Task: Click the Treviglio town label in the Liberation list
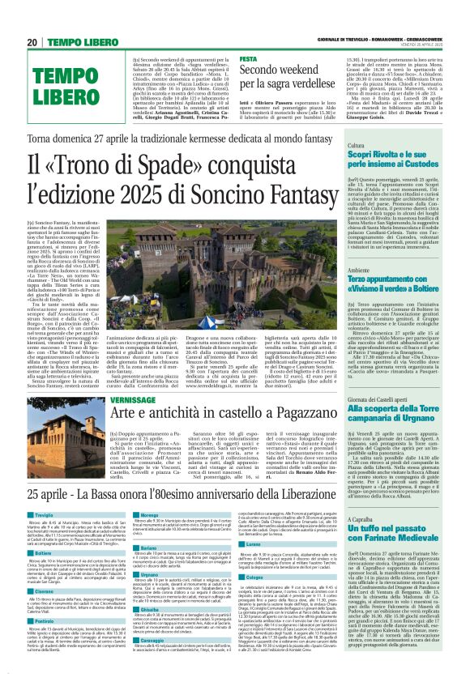(x=45, y=492)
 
